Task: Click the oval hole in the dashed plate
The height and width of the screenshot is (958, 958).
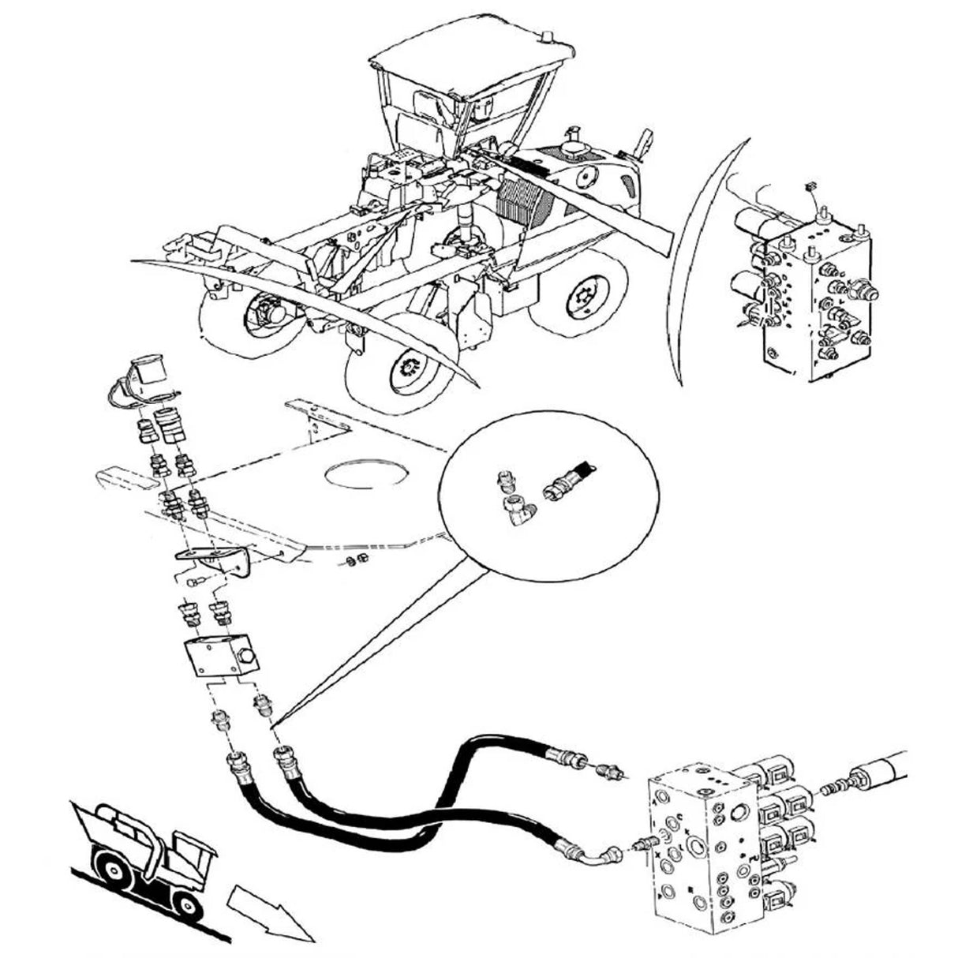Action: pos(368,475)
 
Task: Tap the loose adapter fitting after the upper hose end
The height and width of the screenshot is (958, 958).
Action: pos(609,769)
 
